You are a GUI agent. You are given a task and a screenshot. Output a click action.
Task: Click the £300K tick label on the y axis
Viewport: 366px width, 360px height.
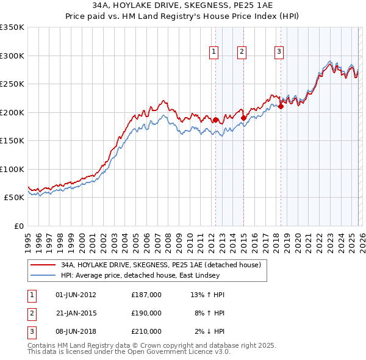click(12, 56)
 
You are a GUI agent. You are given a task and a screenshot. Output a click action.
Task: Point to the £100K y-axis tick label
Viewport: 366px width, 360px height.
click(12, 169)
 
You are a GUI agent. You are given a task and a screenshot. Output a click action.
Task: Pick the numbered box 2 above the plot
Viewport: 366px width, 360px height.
click(242, 52)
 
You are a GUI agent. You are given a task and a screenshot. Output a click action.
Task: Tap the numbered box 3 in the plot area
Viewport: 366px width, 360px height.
click(279, 52)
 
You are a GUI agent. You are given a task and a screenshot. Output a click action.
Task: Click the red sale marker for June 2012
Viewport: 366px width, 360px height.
click(215, 120)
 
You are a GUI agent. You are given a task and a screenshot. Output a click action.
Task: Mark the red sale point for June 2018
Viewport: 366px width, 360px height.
click(281, 107)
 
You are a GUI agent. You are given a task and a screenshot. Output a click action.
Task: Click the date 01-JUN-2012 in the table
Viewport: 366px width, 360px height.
click(76, 295)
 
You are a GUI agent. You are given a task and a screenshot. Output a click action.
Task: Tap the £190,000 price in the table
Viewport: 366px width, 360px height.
click(146, 313)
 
